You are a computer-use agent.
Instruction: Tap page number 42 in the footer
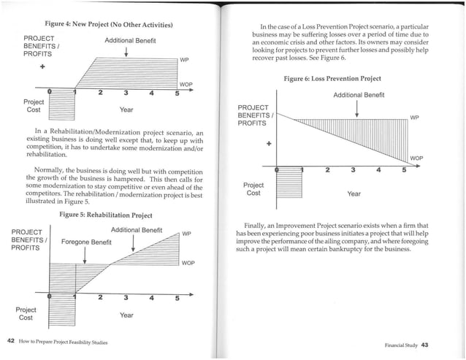point(11,342)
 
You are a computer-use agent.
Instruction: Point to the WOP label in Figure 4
point(186,85)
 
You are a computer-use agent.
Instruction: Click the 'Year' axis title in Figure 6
point(354,194)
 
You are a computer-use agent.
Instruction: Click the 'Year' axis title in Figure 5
point(126,315)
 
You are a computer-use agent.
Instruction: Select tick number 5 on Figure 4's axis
point(177,92)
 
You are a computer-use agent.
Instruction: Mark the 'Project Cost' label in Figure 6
point(253,188)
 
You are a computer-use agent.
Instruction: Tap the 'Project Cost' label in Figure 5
point(26,313)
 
